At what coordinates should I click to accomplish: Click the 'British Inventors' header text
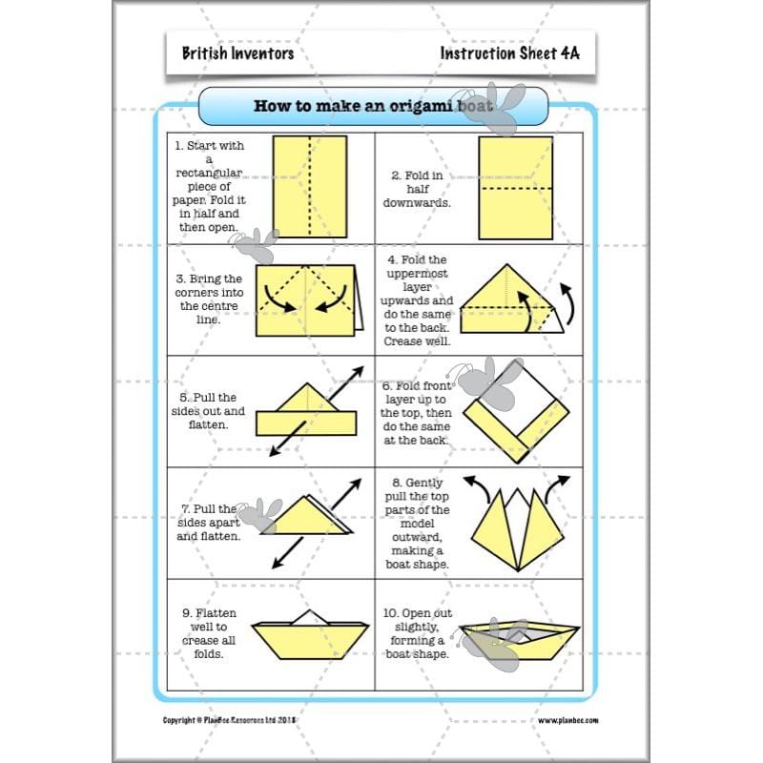click(237, 53)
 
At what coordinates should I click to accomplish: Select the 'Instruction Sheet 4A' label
click(509, 53)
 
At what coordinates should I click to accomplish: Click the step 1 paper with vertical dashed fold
click(310, 186)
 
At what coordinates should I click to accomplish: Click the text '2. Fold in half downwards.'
click(417, 189)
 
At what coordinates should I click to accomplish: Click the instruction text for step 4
click(417, 300)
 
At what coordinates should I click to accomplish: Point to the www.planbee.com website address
click(567, 720)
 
